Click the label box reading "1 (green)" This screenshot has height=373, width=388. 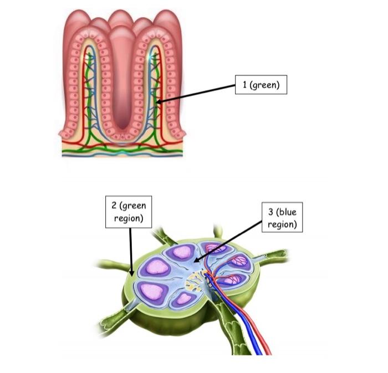[261, 85]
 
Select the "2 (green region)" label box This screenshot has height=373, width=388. [129, 211]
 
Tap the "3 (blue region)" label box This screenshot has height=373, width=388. [282, 218]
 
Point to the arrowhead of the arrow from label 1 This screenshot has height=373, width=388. [157, 101]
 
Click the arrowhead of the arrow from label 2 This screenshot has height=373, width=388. [131, 273]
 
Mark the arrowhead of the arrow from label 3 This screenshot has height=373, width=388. [196, 261]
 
